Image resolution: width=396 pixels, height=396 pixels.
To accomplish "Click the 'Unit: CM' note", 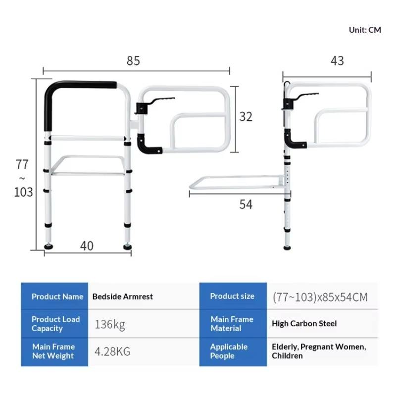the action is (365, 30).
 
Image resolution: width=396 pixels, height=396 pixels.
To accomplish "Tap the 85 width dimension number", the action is (133, 60).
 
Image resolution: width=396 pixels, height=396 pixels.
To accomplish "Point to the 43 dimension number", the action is (337, 60).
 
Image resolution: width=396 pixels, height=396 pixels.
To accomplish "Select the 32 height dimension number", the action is (246, 117).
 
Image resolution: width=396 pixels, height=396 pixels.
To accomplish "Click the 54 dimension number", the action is (246, 204).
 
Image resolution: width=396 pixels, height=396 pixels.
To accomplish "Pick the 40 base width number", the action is (87, 246).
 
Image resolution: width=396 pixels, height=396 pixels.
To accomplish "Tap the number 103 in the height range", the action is (23, 192).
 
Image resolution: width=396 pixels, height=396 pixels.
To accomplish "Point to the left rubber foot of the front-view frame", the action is (49, 246).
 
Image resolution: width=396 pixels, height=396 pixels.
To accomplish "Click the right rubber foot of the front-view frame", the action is (127, 246).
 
